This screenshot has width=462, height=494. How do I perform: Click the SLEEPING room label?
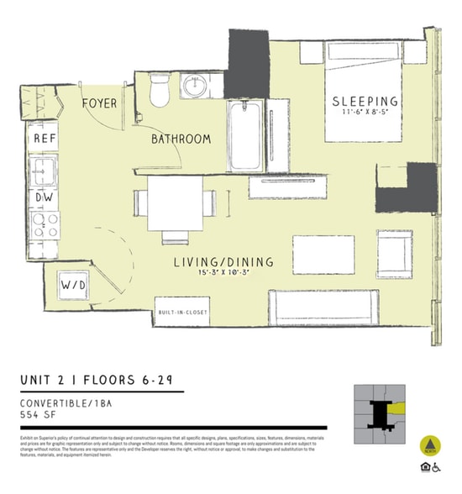[365, 101]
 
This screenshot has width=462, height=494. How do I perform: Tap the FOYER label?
[100, 103]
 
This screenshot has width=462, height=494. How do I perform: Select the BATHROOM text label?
[181, 139]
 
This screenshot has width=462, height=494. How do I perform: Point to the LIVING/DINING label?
[223, 262]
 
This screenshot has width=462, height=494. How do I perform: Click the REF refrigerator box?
[45, 139]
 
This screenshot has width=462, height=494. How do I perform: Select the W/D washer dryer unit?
[74, 286]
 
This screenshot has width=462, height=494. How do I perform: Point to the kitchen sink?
[45, 171]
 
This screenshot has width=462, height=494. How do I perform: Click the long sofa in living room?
[323, 307]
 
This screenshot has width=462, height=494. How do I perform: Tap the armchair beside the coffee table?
[394, 255]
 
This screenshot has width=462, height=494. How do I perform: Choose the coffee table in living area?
[323, 254]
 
